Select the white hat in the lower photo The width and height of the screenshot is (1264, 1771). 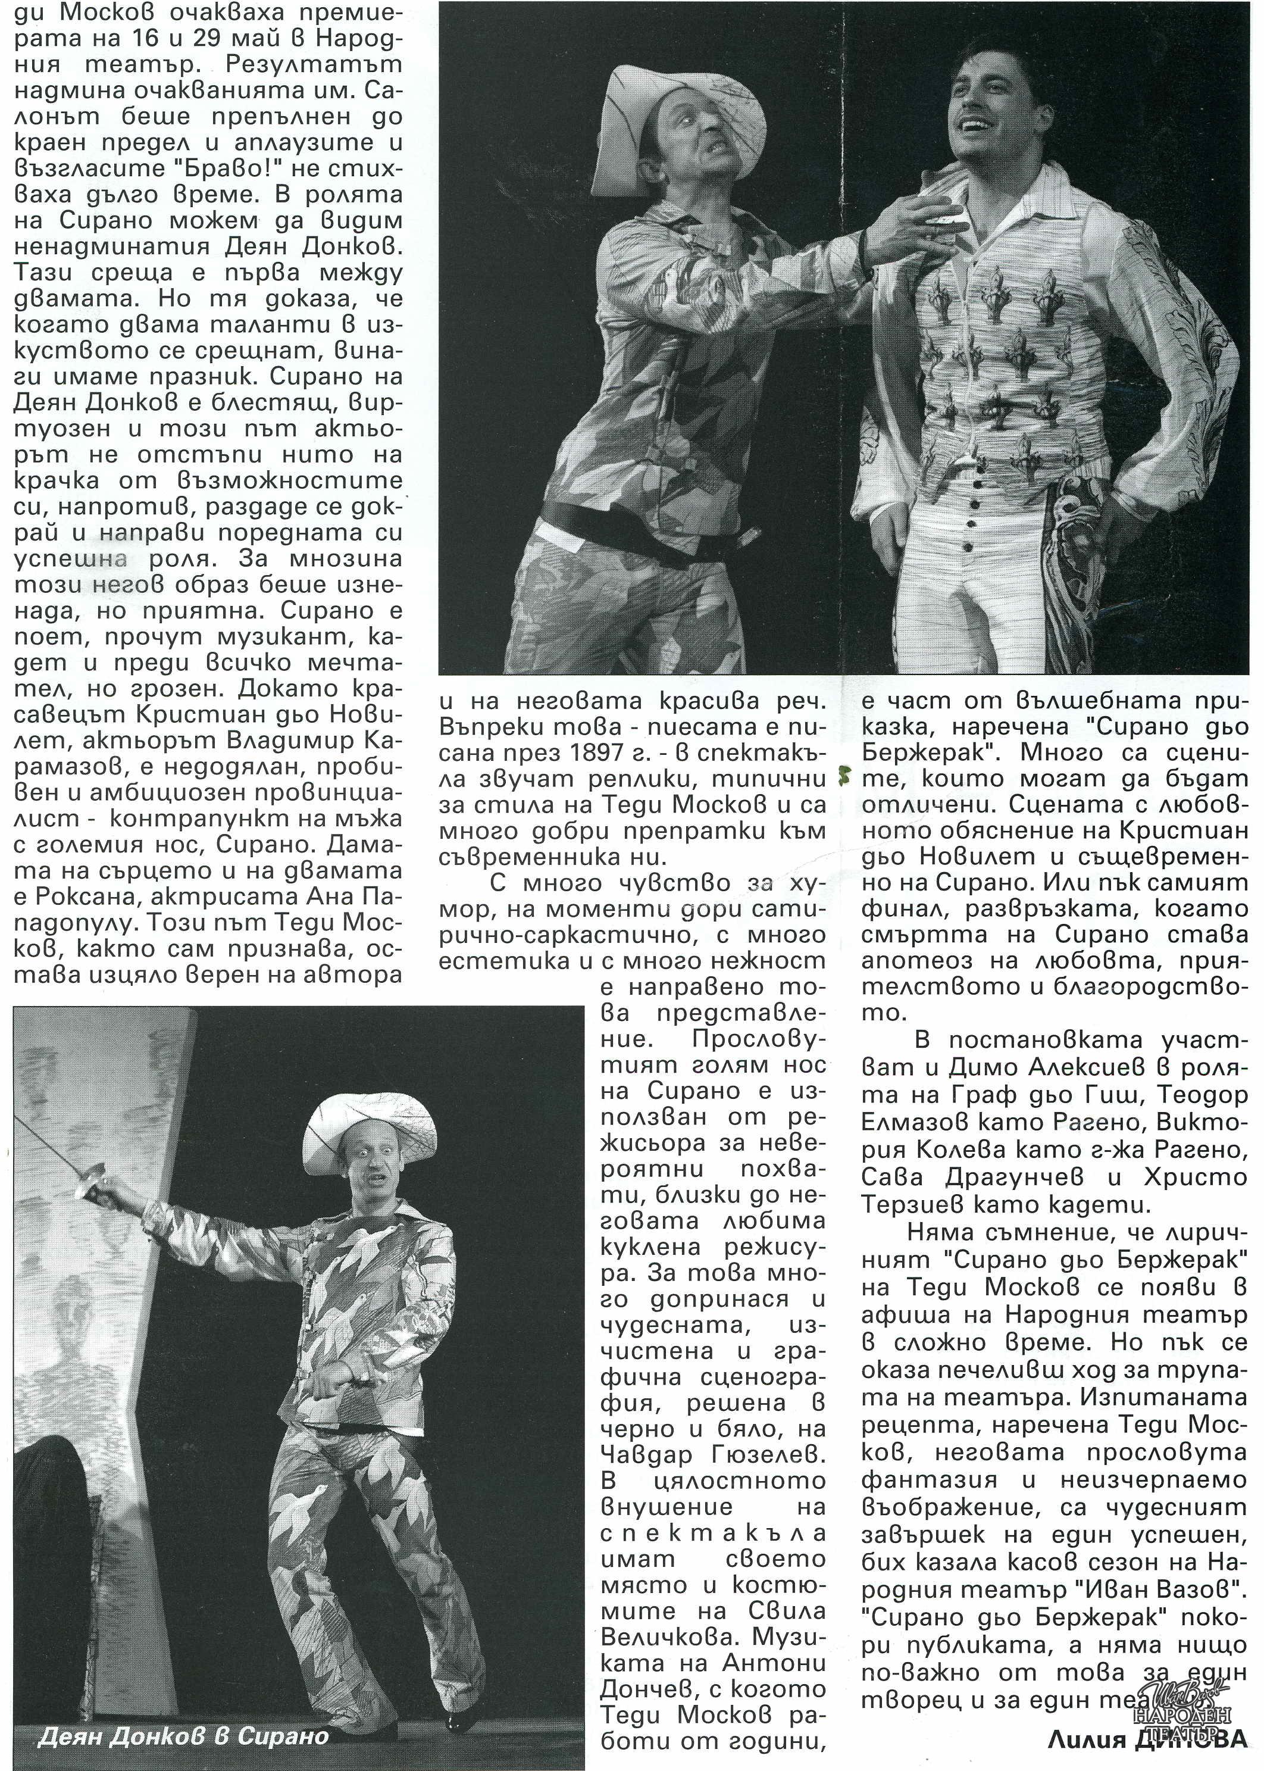tap(371, 1126)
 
